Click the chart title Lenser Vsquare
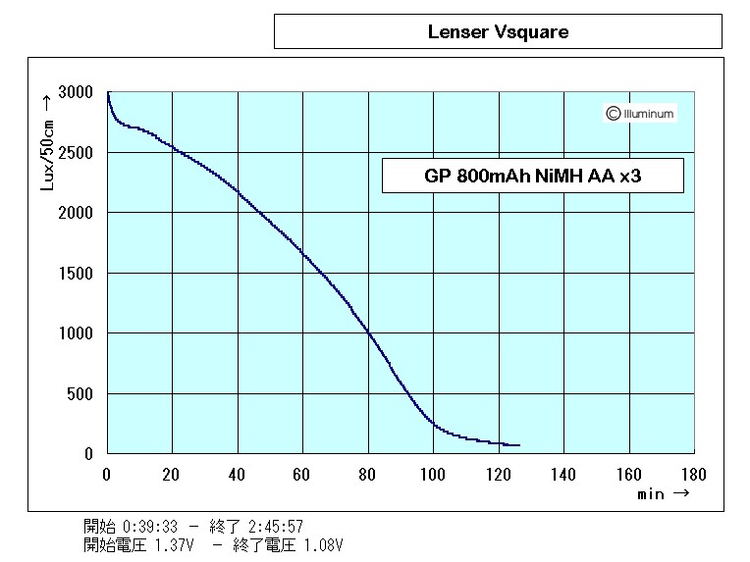point(498,31)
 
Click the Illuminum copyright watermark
point(640,114)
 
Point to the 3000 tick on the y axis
point(76,92)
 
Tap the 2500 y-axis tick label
point(76,153)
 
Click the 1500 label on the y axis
point(76,274)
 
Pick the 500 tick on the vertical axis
point(80,394)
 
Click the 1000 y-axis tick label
point(76,333)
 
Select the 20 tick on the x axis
point(172,475)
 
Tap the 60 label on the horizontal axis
point(302,475)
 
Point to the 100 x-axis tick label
point(433,475)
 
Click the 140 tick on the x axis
point(563,475)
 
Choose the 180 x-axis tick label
point(693,475)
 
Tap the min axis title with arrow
point(663,495)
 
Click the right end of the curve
point(518,445)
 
